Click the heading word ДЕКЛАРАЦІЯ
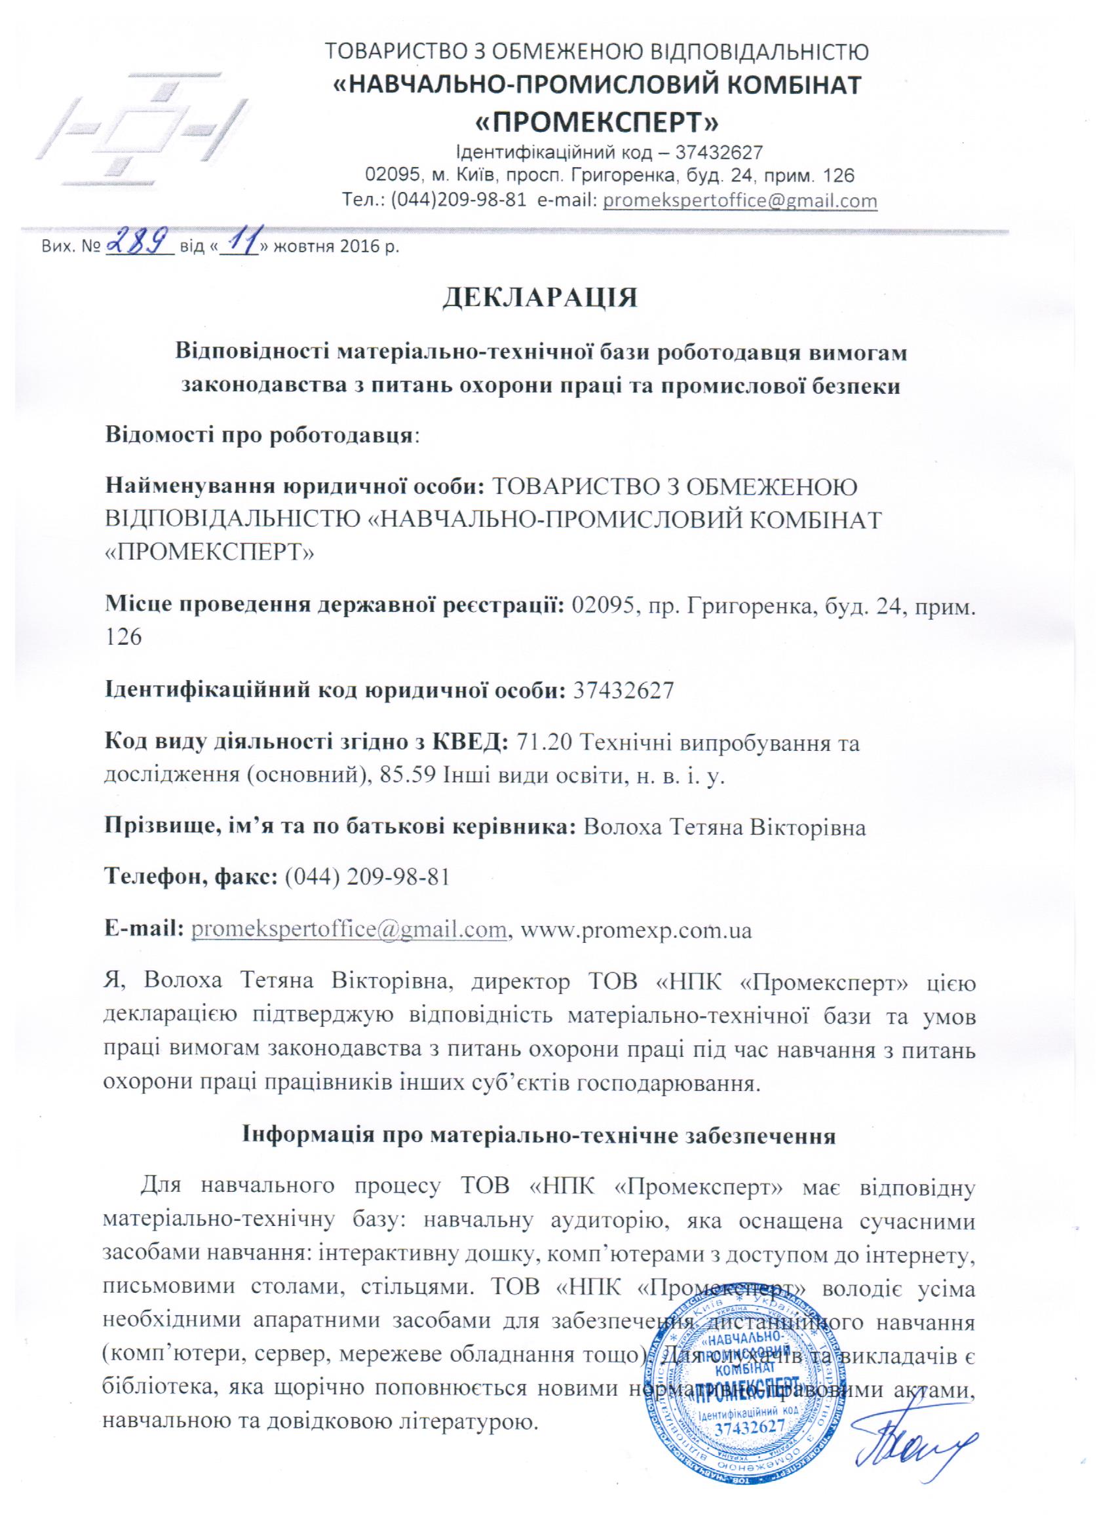tap(540, 298)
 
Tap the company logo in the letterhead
tap(146, 126)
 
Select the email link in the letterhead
tap(740, 201)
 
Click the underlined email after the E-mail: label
tap(350, 929)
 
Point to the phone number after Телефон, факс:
tap(368, 877)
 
